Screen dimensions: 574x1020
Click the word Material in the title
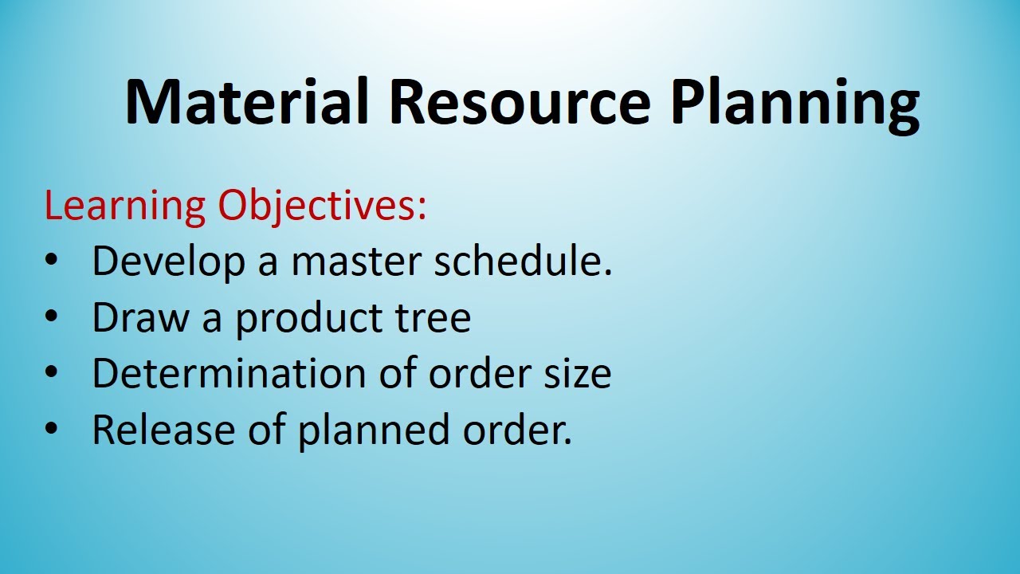click(247, 102)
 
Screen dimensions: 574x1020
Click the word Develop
click(168, 262)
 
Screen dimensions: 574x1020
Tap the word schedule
click(523, 261)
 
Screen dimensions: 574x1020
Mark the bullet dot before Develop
click(52, 262)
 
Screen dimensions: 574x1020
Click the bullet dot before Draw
click(52, 318)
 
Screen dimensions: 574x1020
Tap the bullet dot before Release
click(52, 430)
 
